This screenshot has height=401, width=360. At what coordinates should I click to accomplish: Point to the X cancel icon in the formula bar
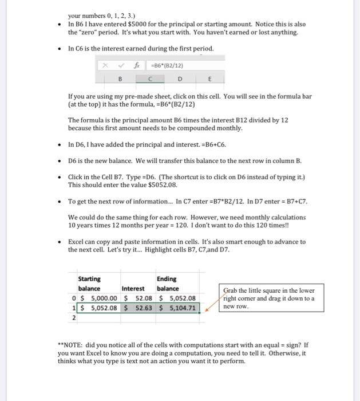pos(105,65)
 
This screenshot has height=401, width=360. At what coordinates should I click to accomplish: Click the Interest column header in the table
pos(133,288)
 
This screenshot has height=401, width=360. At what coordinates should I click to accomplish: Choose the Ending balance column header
pos(167,283)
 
